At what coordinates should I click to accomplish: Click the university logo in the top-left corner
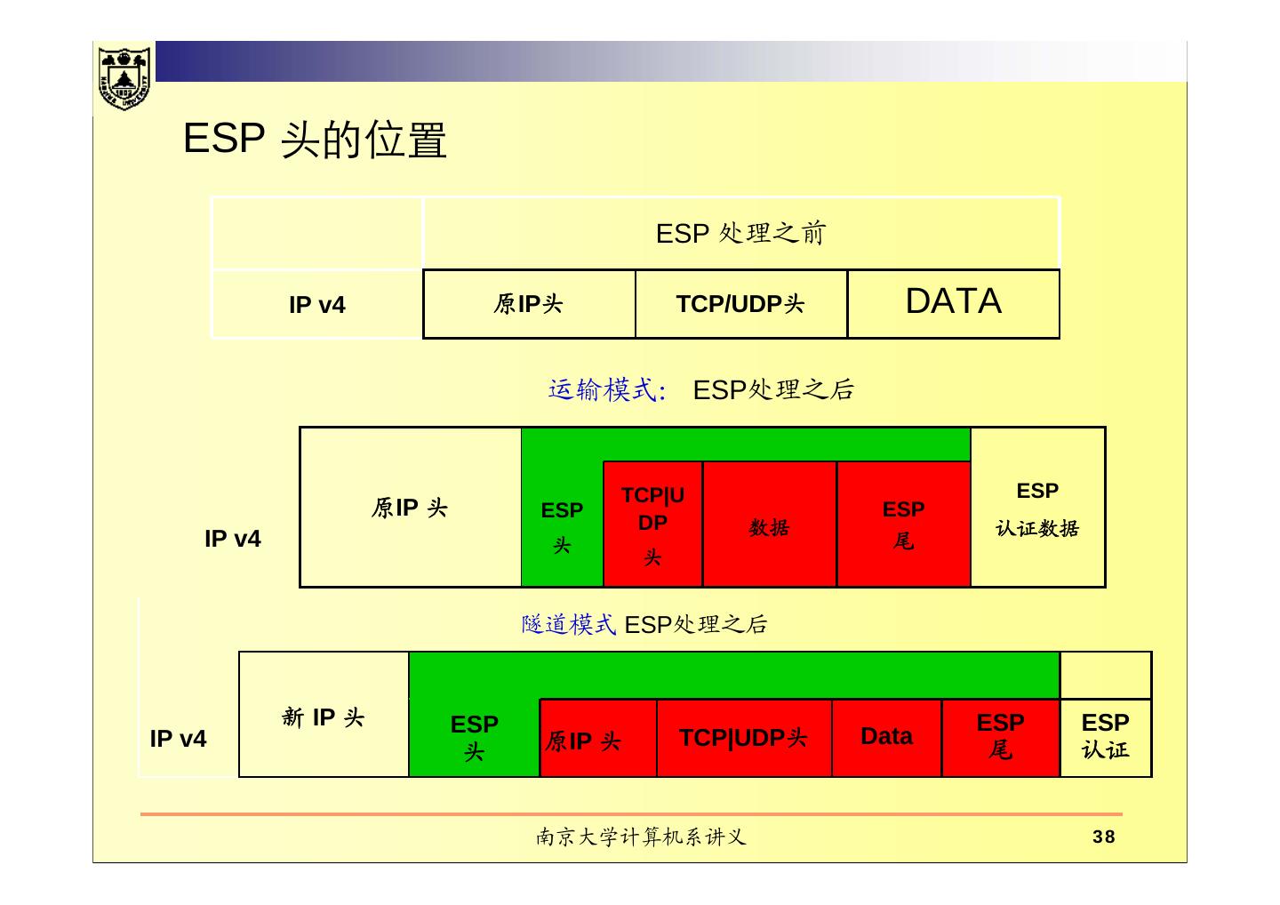[124, 78]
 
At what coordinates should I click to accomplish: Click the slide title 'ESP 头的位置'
[315, 140]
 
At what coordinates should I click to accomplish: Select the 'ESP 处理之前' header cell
[740, 233]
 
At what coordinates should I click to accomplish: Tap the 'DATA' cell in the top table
[953, 302]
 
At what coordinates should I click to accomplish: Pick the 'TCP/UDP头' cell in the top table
[740, 304]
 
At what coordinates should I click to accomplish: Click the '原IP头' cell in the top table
[528, 304]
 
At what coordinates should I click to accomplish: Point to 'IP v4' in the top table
[316, 305]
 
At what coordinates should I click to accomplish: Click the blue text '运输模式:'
[607, 389]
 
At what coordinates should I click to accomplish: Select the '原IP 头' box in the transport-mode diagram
[410, 508]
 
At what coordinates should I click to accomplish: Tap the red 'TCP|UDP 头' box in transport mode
[652, 525]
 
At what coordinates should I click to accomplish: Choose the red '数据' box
[769, 527]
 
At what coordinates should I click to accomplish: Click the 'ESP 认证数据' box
[1037, 509]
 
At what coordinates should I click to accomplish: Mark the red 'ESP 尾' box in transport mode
[903, 525]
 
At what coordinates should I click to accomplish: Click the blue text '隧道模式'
[568, 624]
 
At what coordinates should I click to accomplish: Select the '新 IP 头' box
[323, 717]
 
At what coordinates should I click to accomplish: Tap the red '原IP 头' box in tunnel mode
[583, 740]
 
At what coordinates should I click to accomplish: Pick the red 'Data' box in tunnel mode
[886, 736]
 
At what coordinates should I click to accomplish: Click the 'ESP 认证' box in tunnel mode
[1105, 736]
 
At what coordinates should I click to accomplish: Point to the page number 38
[1104, 837]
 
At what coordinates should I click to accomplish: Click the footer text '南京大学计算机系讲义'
[641, 837]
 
